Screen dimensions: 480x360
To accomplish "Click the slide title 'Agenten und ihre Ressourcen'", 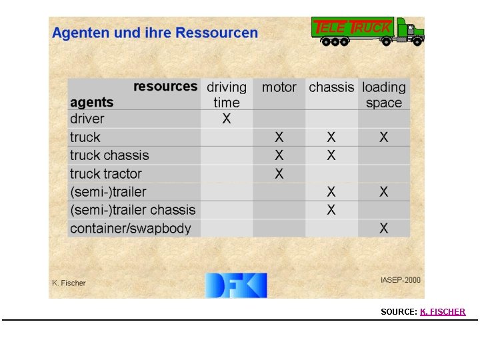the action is (x=155, y=33).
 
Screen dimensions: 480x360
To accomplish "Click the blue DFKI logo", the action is (x=235, y=285).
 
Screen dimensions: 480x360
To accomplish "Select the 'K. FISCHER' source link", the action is (x=443, y=311).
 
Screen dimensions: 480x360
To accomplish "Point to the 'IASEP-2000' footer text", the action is (x=400, y=280).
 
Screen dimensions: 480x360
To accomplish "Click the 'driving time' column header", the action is (x=227, y=95).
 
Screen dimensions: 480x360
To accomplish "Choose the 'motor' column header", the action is (x=279, y=87).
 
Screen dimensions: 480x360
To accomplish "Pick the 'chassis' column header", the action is (x=331, y=87).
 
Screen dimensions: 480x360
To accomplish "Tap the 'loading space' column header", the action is (x=384, y=95).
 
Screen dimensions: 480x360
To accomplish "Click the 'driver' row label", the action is (x=87, y=119).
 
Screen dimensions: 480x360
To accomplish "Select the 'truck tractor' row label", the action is (x=106, y=174).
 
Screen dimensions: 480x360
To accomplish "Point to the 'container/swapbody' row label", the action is (x=131, y=229).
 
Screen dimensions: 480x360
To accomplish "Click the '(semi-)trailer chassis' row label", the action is (x=133, y=210).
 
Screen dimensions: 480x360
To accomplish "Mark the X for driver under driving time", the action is (x=227, y=119).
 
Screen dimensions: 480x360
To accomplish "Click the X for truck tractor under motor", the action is (x=279, y=174).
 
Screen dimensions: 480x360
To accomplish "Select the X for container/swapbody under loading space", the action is (x=384, y=229).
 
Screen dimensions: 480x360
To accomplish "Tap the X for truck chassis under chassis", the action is (x=331, y=155).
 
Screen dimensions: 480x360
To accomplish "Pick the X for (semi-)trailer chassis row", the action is (x=331, y=210).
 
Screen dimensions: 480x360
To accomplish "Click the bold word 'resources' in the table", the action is (x=165, y=86).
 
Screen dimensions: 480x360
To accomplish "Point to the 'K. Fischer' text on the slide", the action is (x=69, y=283).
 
